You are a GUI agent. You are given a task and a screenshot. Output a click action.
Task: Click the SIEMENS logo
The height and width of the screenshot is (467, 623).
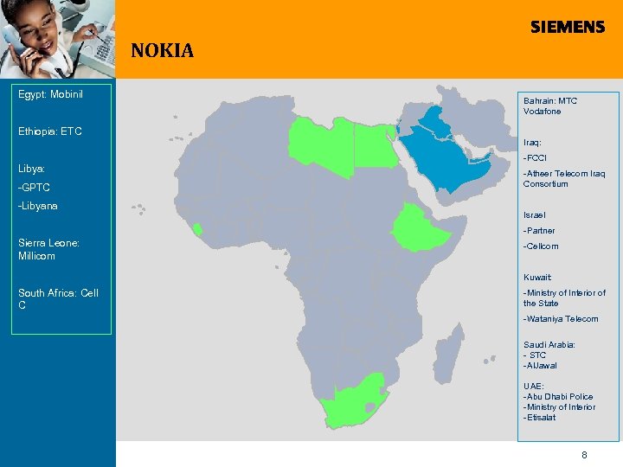pyautogui.click(x=568, y=28)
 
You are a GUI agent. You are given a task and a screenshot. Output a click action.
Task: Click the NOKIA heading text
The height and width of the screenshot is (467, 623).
pyautogui.click(x=162, y=51)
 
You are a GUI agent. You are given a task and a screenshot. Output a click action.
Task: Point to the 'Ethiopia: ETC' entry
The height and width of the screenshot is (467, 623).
pyautogui.click(x=50, y=131)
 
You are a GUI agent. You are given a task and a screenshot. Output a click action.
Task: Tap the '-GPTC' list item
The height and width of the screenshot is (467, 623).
pyautogui.click(x=35, y=188)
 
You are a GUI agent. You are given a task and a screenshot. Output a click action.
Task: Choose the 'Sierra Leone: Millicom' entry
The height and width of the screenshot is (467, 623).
pyautogui.click(x=48, y=249)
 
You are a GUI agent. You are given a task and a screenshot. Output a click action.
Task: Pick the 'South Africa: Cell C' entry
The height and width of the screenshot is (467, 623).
pyautogui.click(x=58, y=298)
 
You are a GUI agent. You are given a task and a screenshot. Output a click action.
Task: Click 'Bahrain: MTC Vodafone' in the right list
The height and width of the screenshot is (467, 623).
pyautogui.click(x=549, y=106)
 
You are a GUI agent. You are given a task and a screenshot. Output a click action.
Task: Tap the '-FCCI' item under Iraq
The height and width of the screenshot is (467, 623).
pyautogui.click(x=535, y=157)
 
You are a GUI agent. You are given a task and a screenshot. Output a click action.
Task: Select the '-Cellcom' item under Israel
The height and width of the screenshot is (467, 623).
pyautogui.click(x=541, y=246)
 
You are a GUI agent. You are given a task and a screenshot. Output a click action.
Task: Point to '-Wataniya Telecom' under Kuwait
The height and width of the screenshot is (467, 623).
pyautogui.click(x=560, y=319)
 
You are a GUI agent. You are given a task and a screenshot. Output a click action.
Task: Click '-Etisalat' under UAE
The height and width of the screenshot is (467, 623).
pyautogui.click(x=539, y=418)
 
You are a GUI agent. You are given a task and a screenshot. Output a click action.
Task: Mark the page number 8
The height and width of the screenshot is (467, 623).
pyautogui.click(x=584, y=454)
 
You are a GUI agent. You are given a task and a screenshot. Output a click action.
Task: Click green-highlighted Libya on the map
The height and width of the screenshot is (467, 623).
pyautogui.click(x=322, y=142)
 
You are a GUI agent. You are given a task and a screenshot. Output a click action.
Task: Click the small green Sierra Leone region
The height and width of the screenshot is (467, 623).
pyautogui.click(x=197, y=229)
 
